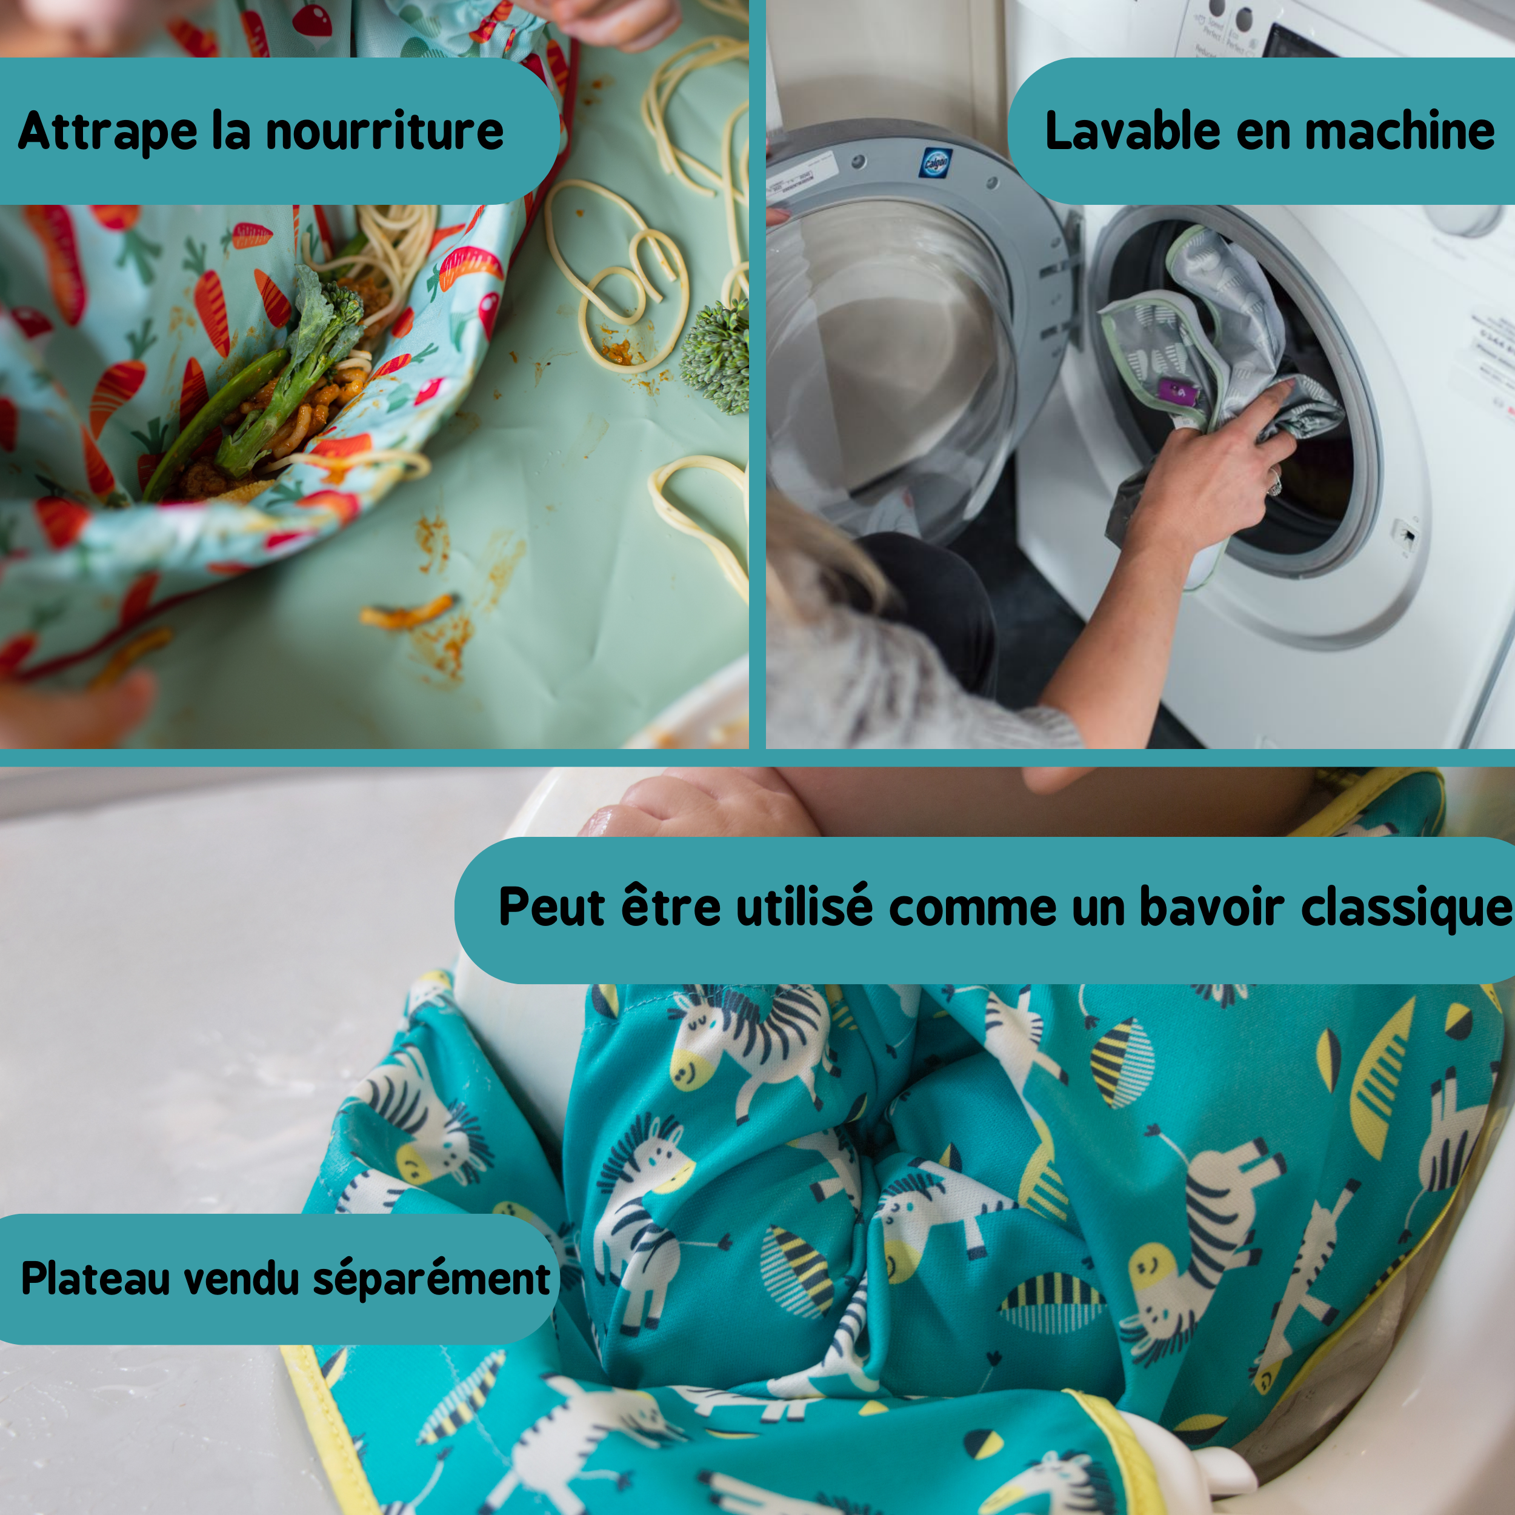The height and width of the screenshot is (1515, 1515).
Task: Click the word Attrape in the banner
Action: click(108, 131)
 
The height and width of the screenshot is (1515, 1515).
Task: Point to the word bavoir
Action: click(1211, 907)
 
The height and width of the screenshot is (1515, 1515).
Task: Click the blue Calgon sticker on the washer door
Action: click(936, 163)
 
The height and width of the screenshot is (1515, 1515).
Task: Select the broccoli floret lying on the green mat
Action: click(715, 357)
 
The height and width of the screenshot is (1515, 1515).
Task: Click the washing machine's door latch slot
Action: click(1406, 536)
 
